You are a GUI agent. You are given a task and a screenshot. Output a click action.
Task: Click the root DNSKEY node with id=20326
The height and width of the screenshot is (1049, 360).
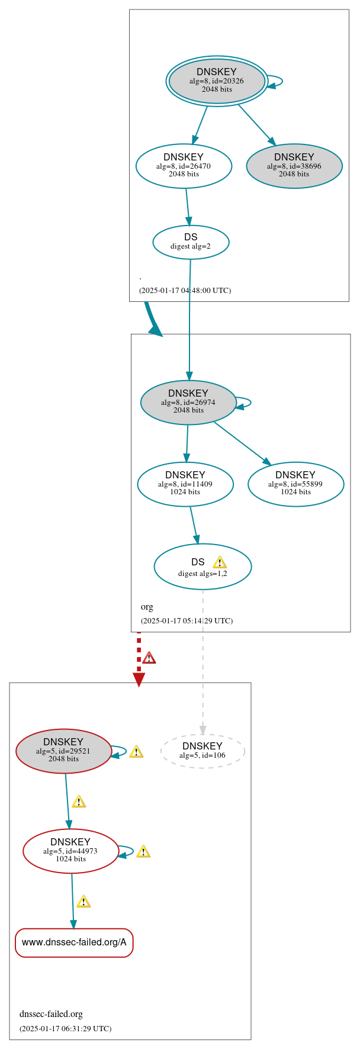click(217, 81)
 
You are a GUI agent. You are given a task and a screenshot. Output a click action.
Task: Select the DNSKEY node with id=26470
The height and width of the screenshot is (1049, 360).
click(184, 166)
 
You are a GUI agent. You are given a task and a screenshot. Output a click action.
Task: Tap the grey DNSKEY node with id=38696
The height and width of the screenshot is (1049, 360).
click(294, 166)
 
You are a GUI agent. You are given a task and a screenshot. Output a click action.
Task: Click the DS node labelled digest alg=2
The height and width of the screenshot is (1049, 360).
click(191, 242)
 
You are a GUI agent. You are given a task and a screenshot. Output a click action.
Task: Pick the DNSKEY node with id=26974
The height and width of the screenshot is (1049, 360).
click(188, 402)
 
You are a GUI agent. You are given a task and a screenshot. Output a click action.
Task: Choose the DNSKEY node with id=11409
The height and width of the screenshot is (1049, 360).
click(185, 484)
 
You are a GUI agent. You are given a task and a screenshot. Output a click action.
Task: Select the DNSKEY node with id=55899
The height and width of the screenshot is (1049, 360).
click(295, 484)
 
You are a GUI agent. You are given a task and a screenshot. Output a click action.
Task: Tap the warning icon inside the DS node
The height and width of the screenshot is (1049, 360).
click(220, 562)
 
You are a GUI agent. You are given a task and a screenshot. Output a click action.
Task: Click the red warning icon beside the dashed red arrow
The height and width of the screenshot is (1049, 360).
click(149, 658)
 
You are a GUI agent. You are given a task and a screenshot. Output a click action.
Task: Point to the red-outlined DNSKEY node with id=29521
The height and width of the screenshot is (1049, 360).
click(63, 751)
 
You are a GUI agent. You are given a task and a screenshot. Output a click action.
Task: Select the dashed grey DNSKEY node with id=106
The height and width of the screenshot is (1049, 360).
click(202, 751)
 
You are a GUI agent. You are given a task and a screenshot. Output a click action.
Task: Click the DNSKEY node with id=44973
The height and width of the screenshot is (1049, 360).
click(70, 851)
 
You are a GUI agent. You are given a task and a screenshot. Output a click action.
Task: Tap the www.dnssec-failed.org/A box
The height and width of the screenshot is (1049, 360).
click(74, 942)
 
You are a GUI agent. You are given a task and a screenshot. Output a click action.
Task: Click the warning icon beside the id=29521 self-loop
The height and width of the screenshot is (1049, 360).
click(136, 751)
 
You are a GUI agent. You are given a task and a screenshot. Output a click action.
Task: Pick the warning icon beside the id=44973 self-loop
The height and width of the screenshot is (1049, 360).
click(143, 851)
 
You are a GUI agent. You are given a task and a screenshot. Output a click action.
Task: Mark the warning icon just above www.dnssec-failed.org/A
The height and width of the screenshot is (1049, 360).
click(83, 901)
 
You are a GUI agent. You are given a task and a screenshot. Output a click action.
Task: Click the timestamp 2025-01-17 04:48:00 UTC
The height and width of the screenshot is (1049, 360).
click(185, 291)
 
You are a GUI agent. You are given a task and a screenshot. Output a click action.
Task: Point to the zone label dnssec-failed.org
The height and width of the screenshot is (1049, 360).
click(51, 1013)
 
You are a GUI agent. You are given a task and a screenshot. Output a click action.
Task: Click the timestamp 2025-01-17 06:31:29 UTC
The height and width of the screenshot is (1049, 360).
click(65, 1028)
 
